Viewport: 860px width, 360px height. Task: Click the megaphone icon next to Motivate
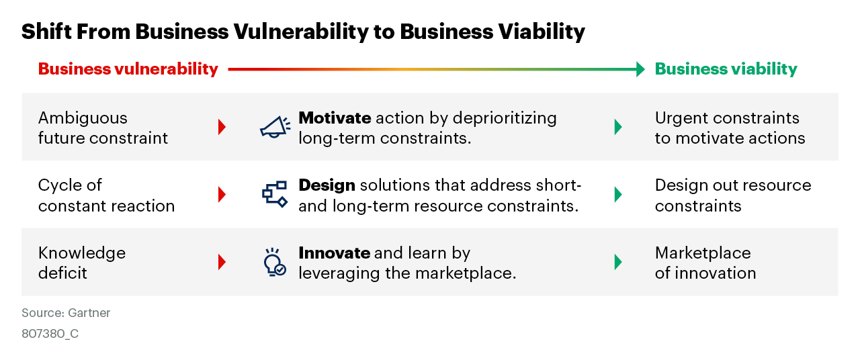point(275,127)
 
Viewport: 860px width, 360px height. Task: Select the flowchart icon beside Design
point(274,193)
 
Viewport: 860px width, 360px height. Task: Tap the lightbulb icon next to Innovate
point(273,262)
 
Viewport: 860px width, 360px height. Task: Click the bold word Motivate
point(335,118)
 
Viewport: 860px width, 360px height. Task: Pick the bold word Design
point(327,185)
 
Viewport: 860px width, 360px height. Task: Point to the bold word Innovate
point(334,253)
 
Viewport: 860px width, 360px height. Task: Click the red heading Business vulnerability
point(128,69)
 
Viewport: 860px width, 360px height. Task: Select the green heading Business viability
point(726,69)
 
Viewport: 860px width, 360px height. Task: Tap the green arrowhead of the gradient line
point(640,69)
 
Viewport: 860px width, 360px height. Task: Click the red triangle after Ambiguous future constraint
point(222,127)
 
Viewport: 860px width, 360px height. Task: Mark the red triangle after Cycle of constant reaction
point(222,194)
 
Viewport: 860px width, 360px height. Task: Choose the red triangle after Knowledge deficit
point(222,262)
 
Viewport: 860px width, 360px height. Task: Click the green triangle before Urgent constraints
point(618,127)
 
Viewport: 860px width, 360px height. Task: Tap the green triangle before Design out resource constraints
point(618,194)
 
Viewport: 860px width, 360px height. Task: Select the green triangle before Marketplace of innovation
point(618,262)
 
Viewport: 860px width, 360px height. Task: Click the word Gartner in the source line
point(89,313)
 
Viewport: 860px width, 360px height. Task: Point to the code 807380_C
point(50,333)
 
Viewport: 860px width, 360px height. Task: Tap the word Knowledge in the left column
point(82,253)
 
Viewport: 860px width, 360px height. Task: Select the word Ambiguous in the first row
point(83,118)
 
